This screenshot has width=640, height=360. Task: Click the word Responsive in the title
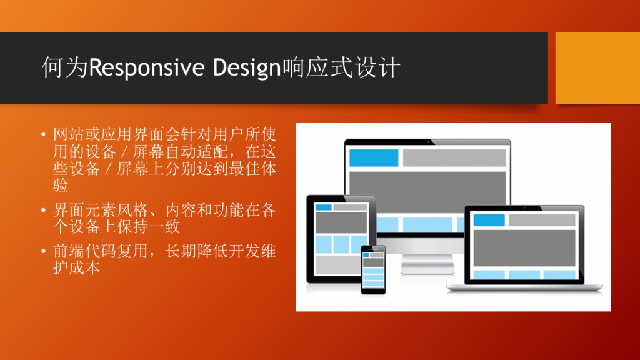(x=146, y=67)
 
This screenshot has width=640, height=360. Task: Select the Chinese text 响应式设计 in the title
(x=341, y=67)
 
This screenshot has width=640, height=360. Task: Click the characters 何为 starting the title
(x=65, y=67)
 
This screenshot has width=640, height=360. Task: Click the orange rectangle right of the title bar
(x=597, y=67)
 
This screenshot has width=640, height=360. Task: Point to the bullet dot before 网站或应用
(x=44, y=134)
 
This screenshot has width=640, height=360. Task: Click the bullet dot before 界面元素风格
(x=44, y=210)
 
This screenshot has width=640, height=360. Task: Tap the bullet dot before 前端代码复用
(x=44, y=251)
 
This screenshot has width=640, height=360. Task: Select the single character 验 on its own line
(x=61, y=185)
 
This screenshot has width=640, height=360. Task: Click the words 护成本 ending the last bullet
(x=77, y=267)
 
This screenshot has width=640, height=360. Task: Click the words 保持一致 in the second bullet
(x=149, y=227)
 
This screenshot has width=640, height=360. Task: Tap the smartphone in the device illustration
(x=373, y=269)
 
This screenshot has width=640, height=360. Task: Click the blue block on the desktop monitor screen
(x=374, y=158)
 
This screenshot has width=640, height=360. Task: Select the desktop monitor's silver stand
(x=427, y=264)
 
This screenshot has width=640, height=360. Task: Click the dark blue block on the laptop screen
(x=489, y=220)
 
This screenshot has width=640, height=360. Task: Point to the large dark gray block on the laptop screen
(x=524, y=248)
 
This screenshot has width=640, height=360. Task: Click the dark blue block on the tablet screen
(x=324, y=207)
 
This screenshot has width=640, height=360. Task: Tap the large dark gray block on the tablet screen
(x=341, y=222)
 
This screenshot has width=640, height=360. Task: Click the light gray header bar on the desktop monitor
(x=454, y=158)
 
